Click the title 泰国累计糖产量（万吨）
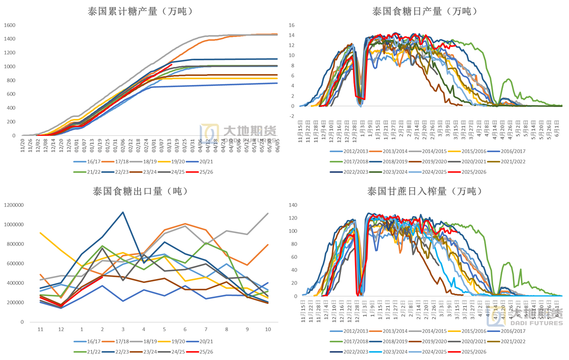(x=140, y=12)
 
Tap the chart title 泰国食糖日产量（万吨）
(x=425, y=12)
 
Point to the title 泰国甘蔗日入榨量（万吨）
(x=425, y=191)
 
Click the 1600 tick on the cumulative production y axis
(x=10, y=25)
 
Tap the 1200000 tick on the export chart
(x=14, y=205)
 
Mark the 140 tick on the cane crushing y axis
(x=293, y=205)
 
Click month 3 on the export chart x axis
(x=123, y=329)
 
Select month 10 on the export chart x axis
(x=268, y=329)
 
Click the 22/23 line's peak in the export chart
(x=123, y=212)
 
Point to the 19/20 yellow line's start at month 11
(x=40, y=233)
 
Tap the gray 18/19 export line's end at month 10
(x=268, y=213)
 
